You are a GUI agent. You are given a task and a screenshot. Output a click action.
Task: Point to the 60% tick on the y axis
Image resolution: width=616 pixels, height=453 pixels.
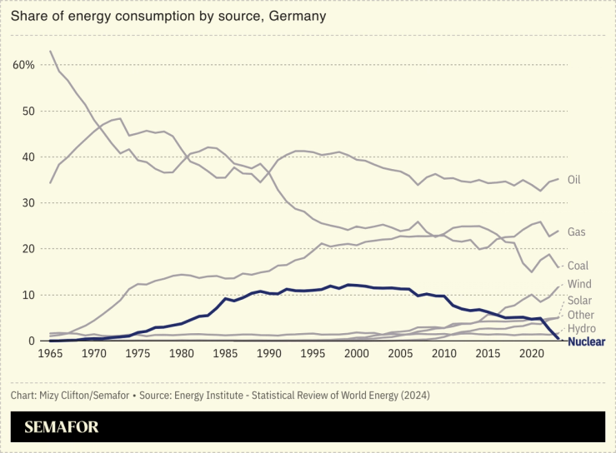[23, 65]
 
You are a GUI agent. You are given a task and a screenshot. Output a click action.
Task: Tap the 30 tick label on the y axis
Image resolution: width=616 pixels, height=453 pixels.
[28, 203]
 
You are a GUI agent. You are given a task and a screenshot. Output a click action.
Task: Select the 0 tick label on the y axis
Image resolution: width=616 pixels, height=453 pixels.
[32, 341]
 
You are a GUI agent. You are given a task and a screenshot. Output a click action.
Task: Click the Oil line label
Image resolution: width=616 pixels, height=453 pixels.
[573, 180]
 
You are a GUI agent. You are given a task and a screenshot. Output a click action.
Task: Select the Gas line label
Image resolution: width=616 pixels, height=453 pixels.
[576, 231]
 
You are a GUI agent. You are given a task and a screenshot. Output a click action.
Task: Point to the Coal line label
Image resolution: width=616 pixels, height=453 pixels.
[578, 266]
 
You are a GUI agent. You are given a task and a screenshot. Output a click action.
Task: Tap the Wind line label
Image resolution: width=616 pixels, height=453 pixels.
[580, 285]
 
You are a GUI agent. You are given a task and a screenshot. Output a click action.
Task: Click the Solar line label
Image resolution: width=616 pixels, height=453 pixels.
[580, 300]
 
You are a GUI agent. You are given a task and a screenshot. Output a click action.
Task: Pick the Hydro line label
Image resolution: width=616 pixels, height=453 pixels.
[581, 329]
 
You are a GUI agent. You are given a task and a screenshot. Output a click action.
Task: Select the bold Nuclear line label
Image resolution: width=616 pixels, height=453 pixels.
[586, 341]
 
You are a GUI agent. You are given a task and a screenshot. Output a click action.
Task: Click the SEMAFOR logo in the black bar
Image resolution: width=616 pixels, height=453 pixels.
[62, 427]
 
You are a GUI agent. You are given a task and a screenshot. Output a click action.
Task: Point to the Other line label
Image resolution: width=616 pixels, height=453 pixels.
[581, 315]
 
